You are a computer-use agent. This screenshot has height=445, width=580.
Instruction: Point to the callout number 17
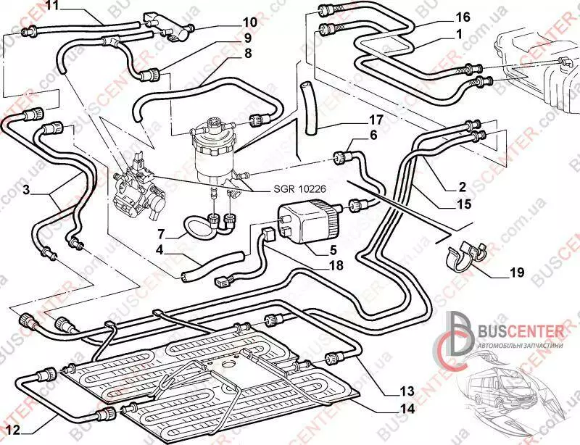tap(376, 120)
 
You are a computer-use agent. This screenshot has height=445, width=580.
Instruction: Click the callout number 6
tap(374, 135)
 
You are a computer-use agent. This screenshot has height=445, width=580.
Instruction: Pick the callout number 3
tap(25, 191)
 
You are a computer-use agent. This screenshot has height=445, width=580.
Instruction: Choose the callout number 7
tap(163, 234)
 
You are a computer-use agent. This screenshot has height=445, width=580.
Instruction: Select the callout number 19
tap(516, 273)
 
